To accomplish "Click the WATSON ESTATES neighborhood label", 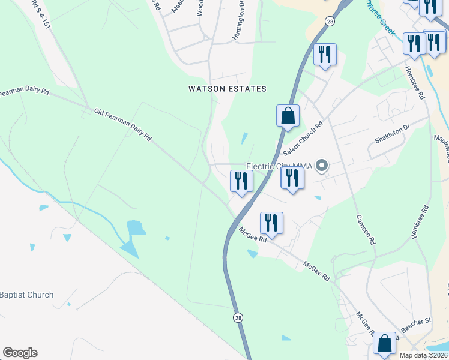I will [x=227, y=89].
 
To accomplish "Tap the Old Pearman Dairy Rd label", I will [x=122, y=125].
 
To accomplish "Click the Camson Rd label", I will [x=365, y=230].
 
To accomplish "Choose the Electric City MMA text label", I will [x=280, y=166].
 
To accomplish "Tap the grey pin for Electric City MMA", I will [x=322, y=165].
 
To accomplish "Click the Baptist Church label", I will [x=27, y=295].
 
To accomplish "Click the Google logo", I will [x=20, y=353].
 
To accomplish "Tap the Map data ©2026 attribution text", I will [x=424, y=355].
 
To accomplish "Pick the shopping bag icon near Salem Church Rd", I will [x=288, y=115].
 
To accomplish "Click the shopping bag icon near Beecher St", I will [x=385, y=343].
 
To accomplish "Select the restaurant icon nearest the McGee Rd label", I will [x=271, y=223].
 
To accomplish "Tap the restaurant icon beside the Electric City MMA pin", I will [x=292, y=178].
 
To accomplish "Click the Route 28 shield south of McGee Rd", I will [x=238, y=316].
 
